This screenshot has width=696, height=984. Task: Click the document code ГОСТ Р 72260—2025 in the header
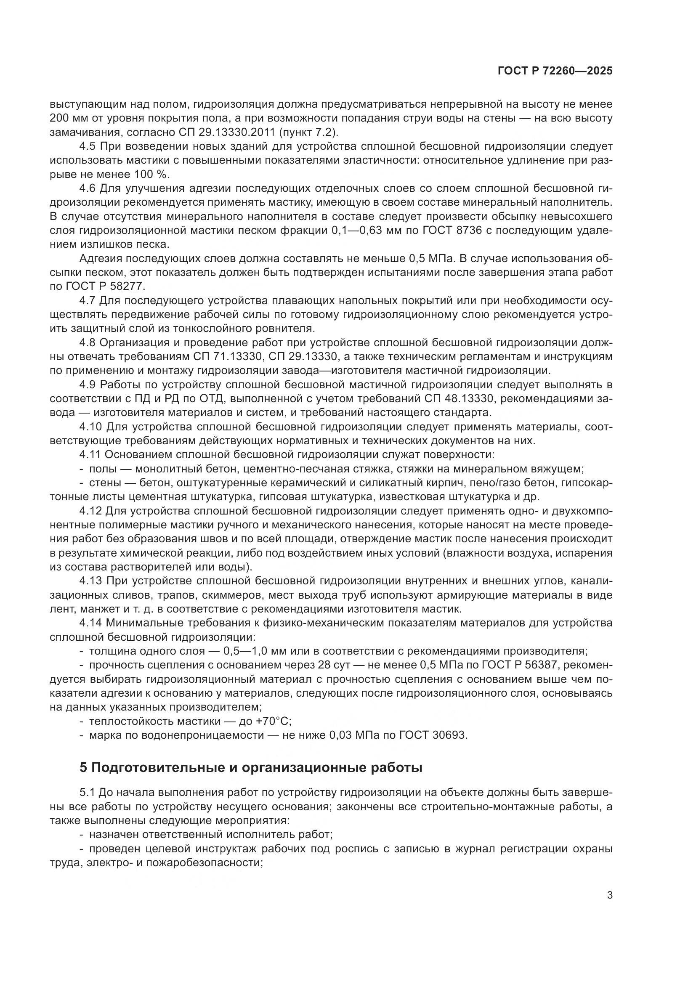pyautogui.click(x=555, y=71)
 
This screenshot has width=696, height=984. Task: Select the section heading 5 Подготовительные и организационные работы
pyautogui.click(x=251, y=768)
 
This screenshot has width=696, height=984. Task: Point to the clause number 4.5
pyautogui.click(x=88, y=146)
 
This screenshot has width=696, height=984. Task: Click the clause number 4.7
pyautogui.click(x=88, y=300)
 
